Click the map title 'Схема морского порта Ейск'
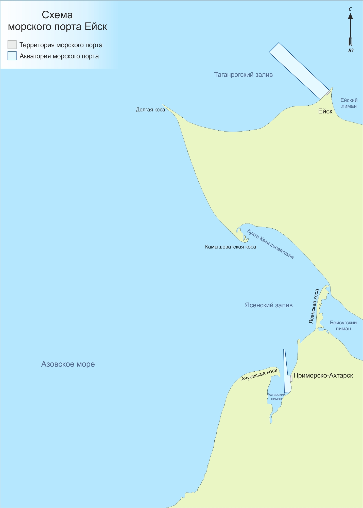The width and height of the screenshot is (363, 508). pos(58,21)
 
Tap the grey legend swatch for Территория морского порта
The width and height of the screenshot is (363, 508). pos(12,44)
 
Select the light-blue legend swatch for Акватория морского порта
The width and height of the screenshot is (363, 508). pos(12,56)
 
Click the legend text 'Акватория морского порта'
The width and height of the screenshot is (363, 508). pos(59,56)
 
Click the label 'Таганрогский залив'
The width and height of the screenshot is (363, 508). pos(243,75)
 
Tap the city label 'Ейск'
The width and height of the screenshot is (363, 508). pos(325,111)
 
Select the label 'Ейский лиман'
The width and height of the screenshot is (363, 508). pos(349,103)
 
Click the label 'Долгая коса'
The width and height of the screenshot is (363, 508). pos(150,110)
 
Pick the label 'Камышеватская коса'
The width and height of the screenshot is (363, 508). pos(230,247)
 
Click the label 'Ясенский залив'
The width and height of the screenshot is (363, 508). pos(269,305)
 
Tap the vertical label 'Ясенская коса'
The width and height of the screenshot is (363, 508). pos(314,306)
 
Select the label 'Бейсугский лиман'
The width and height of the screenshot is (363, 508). pos(343,326)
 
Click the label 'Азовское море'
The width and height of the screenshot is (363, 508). pos(68,364)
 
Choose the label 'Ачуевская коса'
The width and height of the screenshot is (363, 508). pos(259,375)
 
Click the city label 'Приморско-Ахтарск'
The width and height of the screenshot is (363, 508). pos(323,376)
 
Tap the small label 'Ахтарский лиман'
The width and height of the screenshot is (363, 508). pos(276,397)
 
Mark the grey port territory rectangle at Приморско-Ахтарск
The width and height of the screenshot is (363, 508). pos(291,378)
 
